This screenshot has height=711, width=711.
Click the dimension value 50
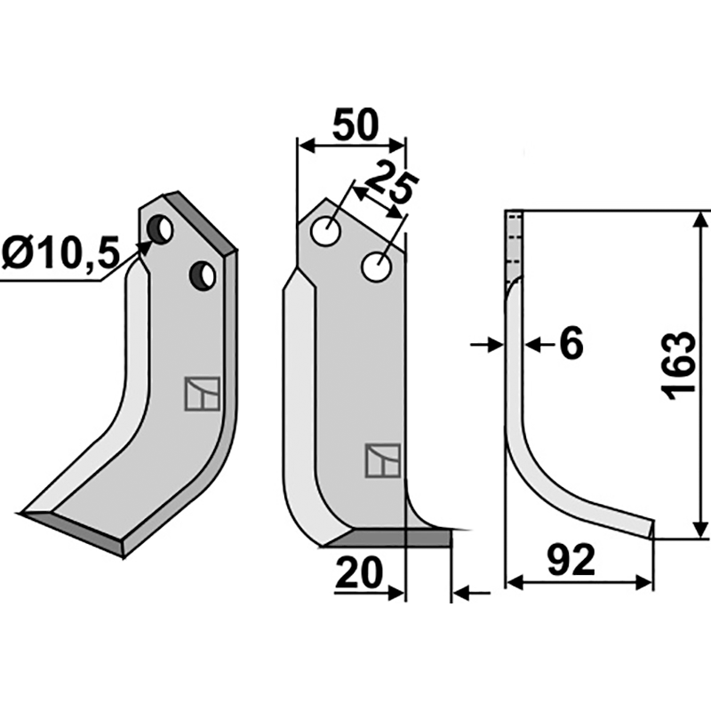355,124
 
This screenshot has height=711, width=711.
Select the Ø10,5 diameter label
60,252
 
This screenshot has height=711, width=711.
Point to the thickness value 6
571,344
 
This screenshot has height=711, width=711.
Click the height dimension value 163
679,366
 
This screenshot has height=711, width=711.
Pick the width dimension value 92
571,560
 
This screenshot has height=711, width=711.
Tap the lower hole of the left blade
203,276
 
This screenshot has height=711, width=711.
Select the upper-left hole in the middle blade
326,231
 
